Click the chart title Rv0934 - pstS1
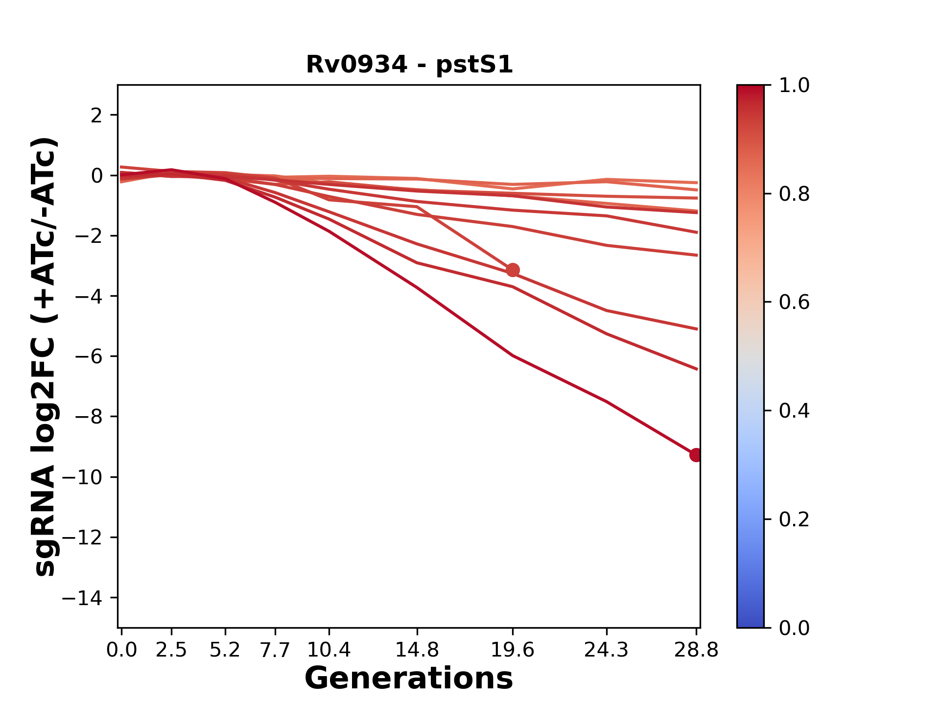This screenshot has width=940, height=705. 409,65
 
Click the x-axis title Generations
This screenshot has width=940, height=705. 409,679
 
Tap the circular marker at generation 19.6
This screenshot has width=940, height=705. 513,270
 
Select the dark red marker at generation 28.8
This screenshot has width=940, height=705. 695,455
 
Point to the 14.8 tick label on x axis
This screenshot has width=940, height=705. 417,650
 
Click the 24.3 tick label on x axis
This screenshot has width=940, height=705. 607,650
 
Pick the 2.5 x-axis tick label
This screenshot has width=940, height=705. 171,650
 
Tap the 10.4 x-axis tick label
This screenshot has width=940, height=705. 329,650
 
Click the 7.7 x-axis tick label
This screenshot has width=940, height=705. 275,650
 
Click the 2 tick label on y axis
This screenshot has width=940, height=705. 96,115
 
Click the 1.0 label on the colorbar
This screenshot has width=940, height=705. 794,85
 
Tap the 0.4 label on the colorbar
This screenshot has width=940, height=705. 794,411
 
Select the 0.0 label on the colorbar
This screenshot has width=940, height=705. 794,628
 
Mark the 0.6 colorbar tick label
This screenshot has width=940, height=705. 794,302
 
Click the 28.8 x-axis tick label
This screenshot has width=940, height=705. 696,650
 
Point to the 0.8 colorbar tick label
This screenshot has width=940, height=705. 794,194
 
